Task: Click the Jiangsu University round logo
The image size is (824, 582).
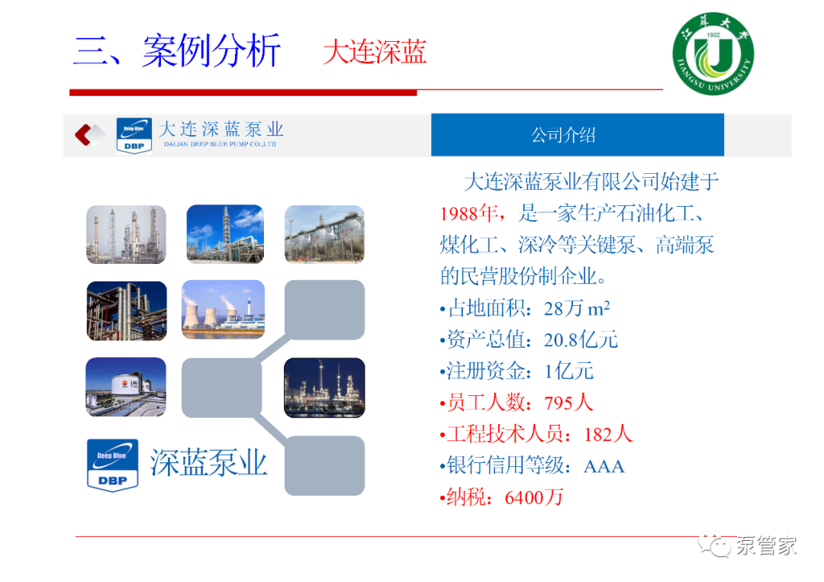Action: pyautogui.click(x=713, y=53)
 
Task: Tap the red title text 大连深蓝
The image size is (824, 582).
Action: pyautogui.click(x=375, y=52)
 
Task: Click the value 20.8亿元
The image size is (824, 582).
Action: pyautogui.click(x=581, y=340)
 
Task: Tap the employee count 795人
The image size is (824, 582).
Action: pyautogui.click(x=568, y=403)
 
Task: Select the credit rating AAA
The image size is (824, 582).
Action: pyautogui.click(x=604, y=467)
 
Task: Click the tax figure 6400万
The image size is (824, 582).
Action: pyautogui.click(x=534, y=497)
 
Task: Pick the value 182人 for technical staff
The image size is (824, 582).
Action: pyautogui.click(x=608, y=434)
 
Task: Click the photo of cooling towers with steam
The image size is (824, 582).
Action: pyautogui.click(x=224, y=310)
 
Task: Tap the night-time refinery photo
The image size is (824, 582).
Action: pyautogui.click(x=324, y=387)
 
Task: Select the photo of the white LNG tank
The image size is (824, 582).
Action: pyautogui.click(x=126, y=387)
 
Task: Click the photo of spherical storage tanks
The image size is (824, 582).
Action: pyautogui.click(x=324, y=234)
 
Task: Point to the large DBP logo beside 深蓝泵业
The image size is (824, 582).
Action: pyautogui.click(x=112, y=465)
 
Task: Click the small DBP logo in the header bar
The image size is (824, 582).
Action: pyautogui.click(x=134, y=136)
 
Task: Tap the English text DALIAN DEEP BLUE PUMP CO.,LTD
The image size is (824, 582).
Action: pyautogui.click(x=220, y=144)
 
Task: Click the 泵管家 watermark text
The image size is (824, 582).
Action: pyautogui.click(x=767, y=545)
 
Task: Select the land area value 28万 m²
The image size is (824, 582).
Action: pyautogui.click(x=577, y=308)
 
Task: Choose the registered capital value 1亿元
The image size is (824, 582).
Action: pyautogui.click(x=568, y=371)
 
